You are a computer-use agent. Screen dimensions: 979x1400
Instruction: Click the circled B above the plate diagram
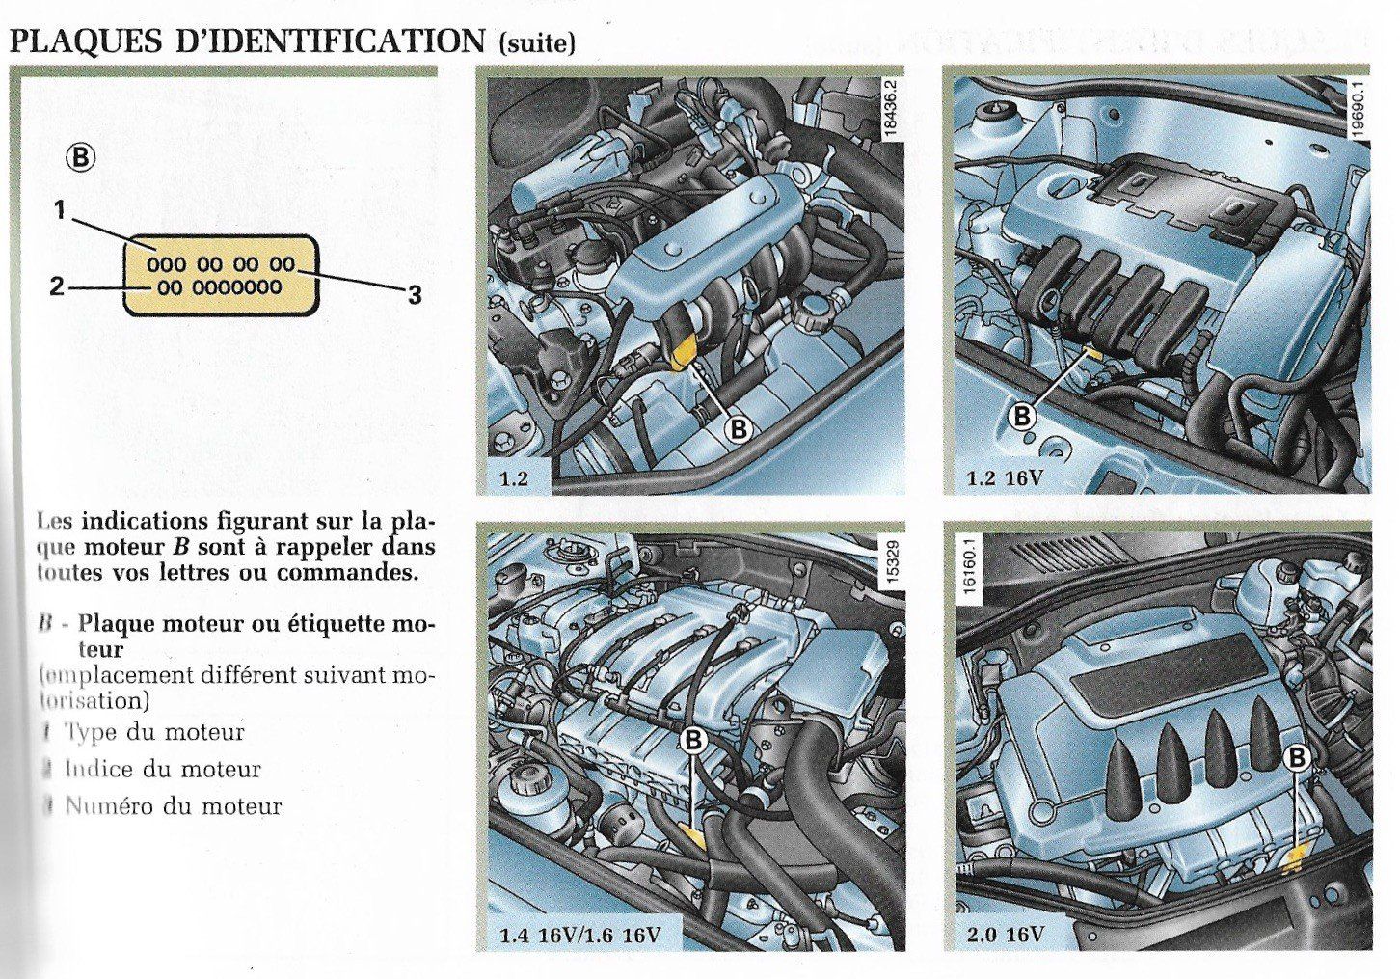[x=82, y=156]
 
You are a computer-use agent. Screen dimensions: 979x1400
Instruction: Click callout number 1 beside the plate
[x=60, y=209]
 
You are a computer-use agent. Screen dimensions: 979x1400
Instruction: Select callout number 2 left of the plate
[x=57, y=286]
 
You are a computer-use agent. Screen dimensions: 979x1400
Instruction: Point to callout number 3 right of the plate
[x=415, y=295]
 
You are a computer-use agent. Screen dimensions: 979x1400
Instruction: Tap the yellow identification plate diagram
[x=220, y=275]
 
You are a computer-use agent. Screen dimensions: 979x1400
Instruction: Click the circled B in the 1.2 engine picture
[x=738, y=428]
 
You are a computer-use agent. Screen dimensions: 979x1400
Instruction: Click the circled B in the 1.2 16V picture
[x=1021, y=417]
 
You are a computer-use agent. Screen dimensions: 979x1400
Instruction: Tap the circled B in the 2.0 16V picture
[x=1298, y=758]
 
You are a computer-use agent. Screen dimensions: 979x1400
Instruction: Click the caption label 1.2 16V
[x=1006, y=477]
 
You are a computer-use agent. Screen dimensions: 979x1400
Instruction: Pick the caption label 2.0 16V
[x=1005, y=935]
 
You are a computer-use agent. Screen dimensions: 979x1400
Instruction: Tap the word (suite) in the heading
[x=537, y=43]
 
